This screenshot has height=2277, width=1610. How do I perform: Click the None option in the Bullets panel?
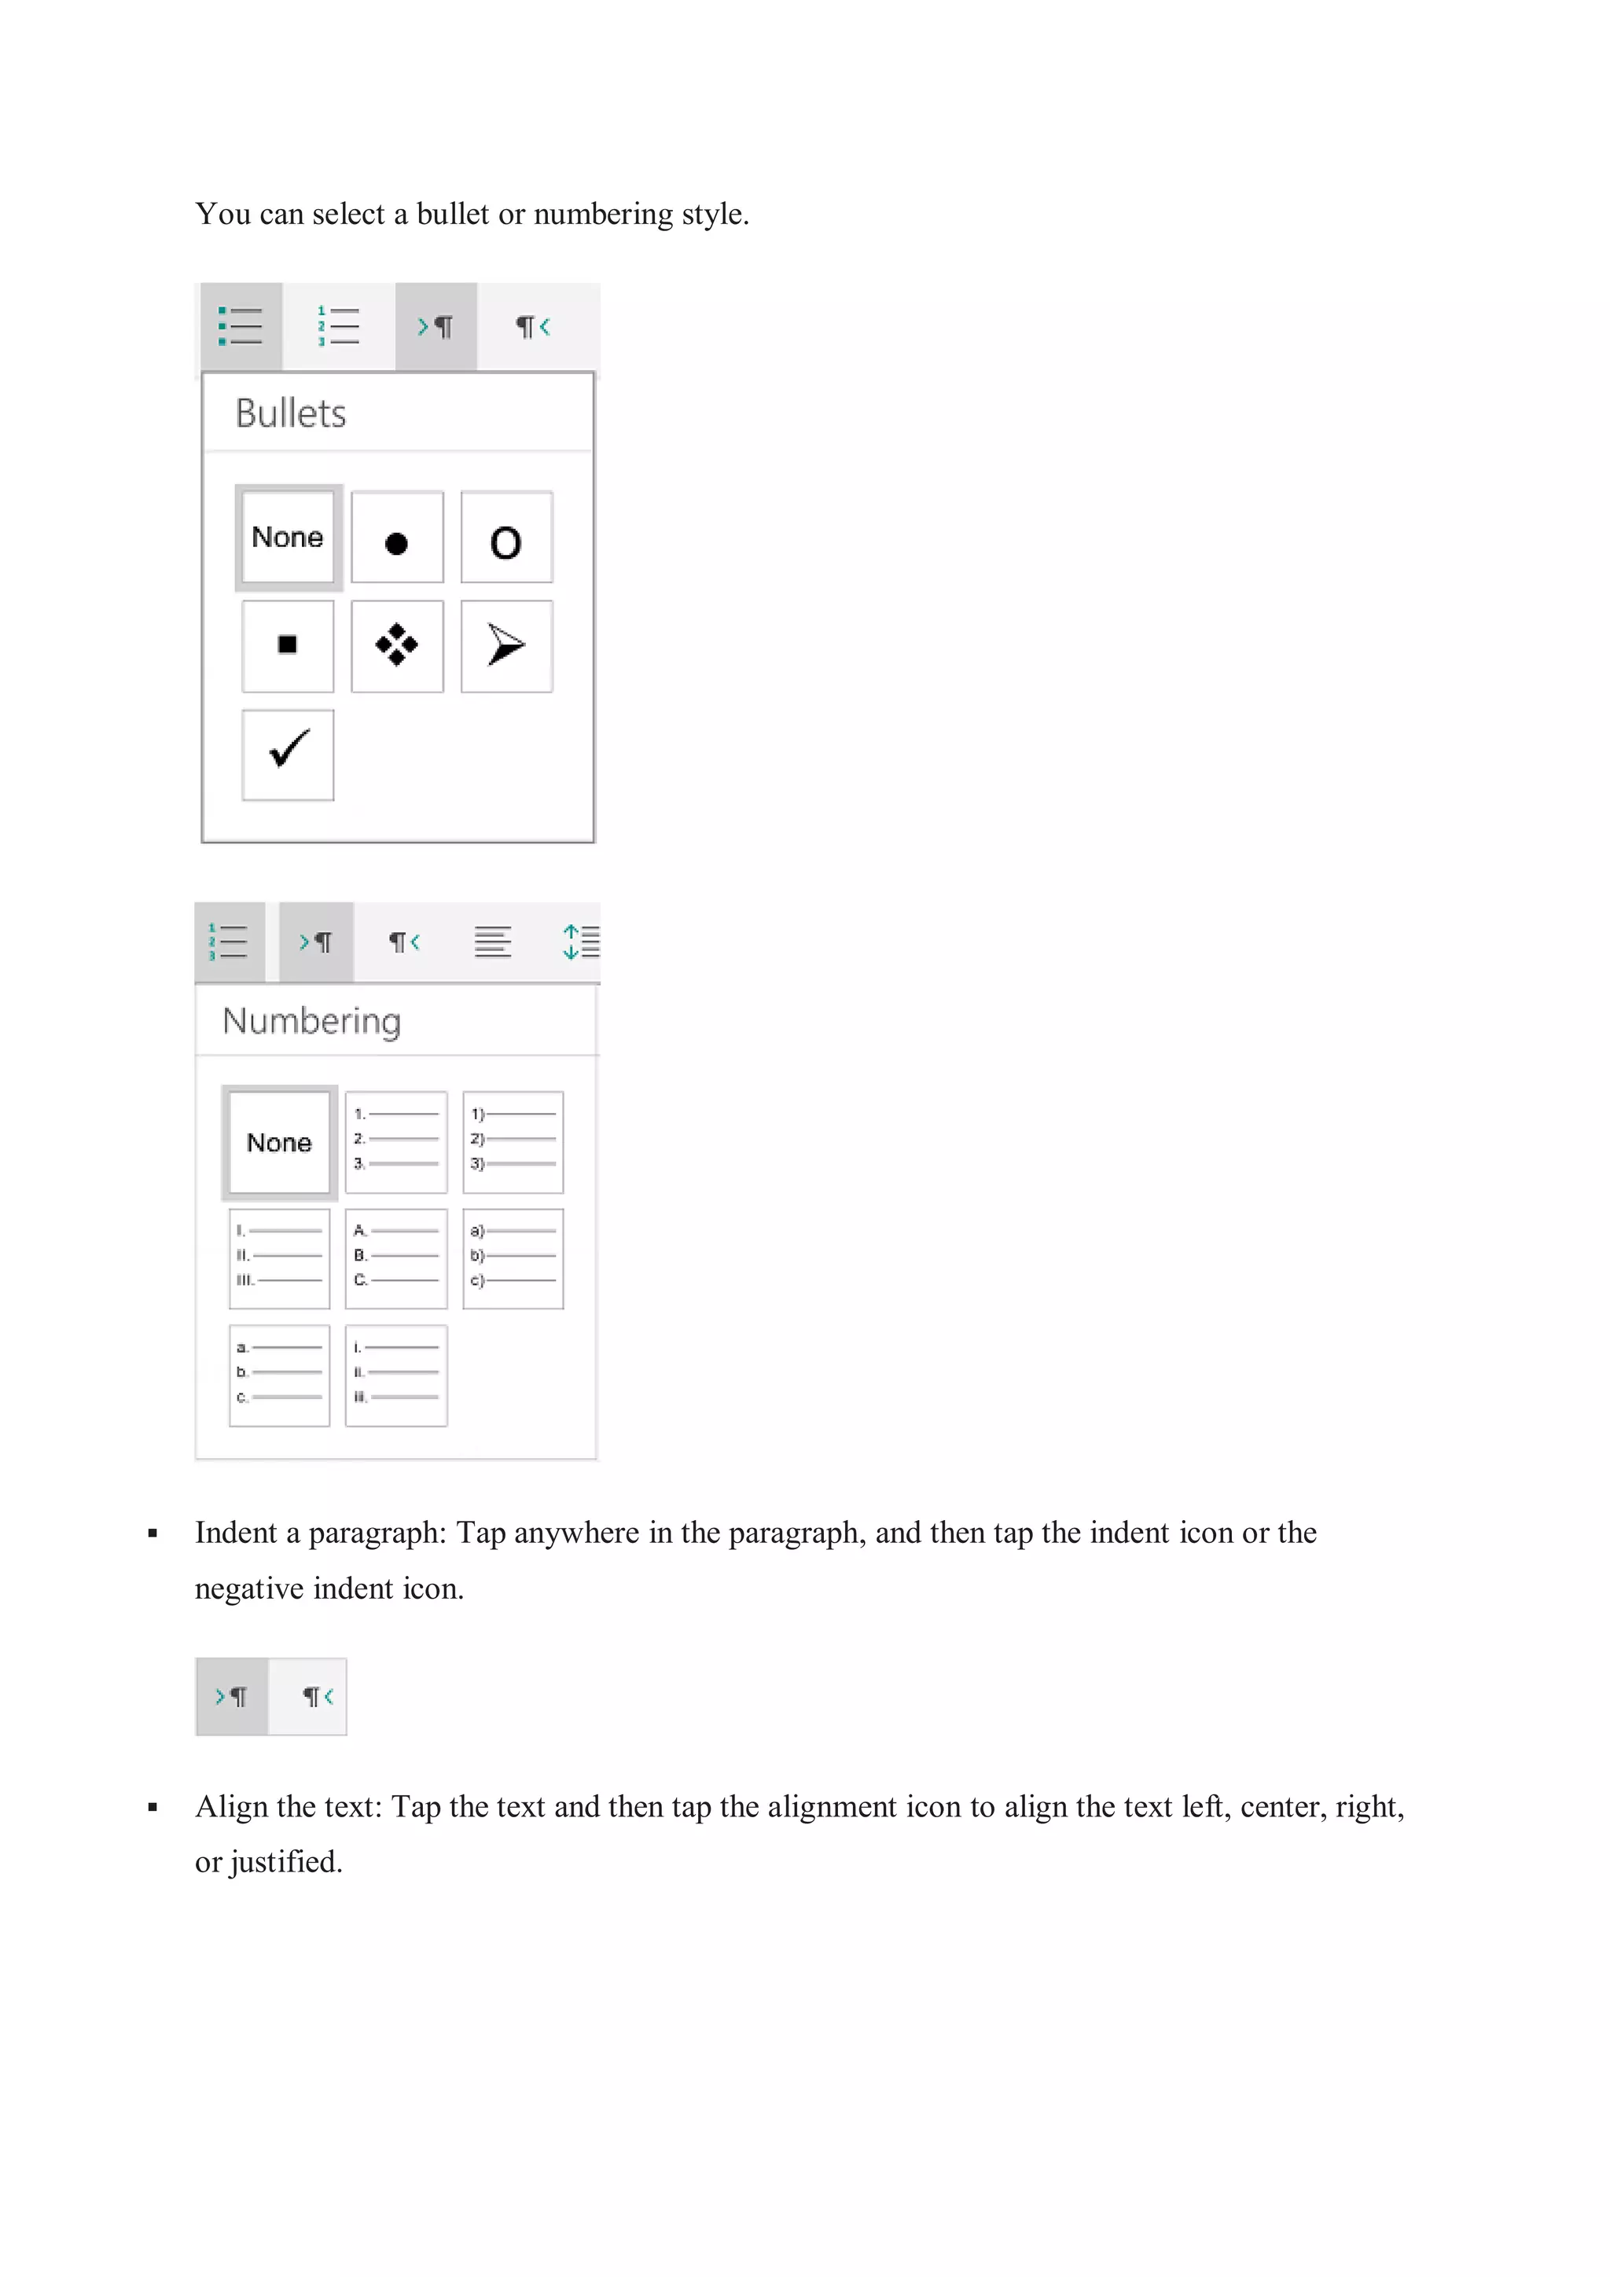pyautogui.click(x=288, y=538)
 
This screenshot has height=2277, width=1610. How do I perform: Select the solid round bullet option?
pyautogui.click(x=397, y=538)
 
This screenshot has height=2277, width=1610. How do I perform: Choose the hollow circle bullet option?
pyautogui.click(x=506, y=538)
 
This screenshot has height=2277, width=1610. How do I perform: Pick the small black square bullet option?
pyautogui.click(x=288, y=645)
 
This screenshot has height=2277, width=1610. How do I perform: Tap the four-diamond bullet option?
pyautogui.click(x=397, y=645)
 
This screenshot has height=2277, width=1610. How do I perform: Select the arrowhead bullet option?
pyautogui.click(x=506, y=645)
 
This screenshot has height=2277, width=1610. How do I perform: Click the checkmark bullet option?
pyautogui.click(x=288, y=754)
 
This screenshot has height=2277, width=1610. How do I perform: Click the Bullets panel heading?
pyautogui.click(x=291, y=413)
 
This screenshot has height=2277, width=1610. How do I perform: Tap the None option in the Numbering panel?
pyautogui.click(x=280, y=1143)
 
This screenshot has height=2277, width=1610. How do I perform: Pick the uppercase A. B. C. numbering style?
pyautogui.click(x=395, y=1258)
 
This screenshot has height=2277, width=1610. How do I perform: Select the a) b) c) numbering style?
pyautogui.click(x=512, y=1258)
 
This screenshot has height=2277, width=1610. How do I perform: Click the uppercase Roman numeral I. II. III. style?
pyautogui.click(x=280, y=1258)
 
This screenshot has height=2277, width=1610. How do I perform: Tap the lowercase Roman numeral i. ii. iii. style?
pyautogui.click(x=395, y=1375)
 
